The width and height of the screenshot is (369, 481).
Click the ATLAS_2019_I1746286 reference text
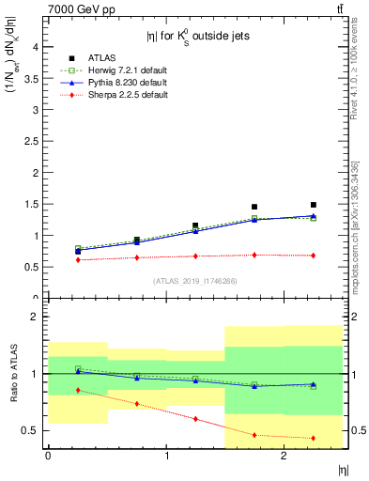[194, 281]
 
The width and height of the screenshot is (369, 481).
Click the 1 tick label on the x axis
[166, 456]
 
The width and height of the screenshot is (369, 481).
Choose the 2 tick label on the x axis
[284, 456]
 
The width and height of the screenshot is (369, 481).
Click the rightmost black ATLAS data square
[314, 205]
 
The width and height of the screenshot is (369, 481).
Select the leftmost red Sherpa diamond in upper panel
[78, 259]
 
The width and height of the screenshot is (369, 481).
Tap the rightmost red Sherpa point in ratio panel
[314, 438]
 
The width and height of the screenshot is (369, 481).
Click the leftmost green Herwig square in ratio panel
[78, 369]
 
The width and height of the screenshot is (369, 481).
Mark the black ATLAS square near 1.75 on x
[254, 207]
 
